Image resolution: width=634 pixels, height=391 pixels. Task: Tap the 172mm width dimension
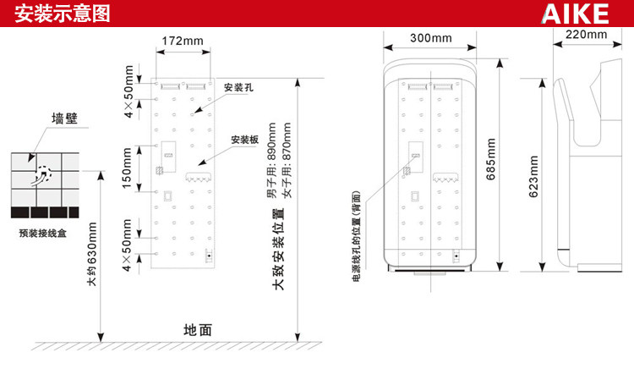(182, 40)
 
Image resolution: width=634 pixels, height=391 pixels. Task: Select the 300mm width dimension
(430, 37)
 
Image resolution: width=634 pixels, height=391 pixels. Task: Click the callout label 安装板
(243, 140)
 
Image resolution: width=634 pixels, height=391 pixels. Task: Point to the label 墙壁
(65, 118)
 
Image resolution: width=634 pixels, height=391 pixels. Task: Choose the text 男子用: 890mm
(271, 161)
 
